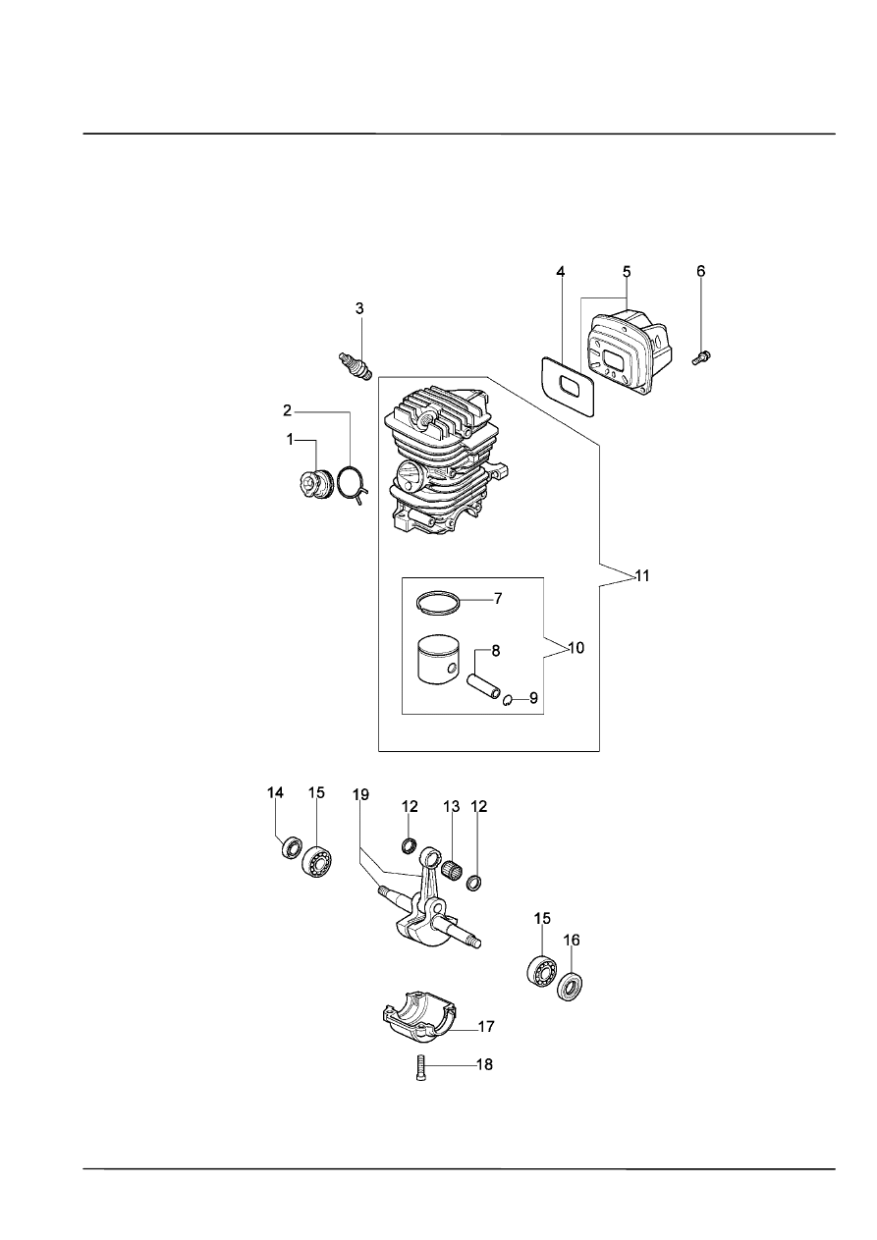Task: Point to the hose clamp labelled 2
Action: pos(351,483)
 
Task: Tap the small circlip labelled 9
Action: pos(508,699)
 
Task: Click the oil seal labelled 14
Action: pos(292,847)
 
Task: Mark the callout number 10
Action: pos(576,648)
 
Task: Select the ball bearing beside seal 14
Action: pos(317,860)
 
